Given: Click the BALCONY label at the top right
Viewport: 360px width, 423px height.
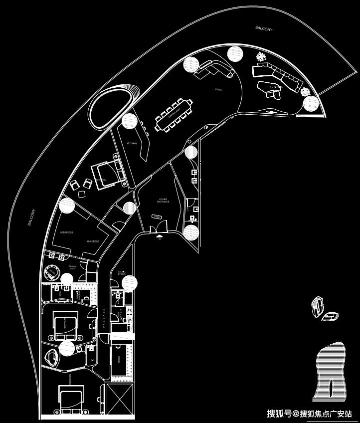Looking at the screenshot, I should [264, 28].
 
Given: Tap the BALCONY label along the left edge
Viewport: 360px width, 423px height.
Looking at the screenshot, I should [31, 217].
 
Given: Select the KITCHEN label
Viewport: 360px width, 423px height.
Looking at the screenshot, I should [132, 144].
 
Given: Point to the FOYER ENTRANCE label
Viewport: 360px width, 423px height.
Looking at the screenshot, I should [164, 201].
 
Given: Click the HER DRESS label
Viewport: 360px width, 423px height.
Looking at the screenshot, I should [66, 232].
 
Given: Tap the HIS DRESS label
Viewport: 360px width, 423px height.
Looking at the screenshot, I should [93, 241].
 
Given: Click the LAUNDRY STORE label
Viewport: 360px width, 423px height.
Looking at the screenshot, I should [121, 273].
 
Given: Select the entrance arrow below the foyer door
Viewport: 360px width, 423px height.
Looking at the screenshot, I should [159, 237].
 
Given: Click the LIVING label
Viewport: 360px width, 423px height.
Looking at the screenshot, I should [218, 90].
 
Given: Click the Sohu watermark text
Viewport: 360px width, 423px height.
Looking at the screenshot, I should [309, 414].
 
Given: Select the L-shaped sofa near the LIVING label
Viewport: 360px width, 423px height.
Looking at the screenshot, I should [214, 70].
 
